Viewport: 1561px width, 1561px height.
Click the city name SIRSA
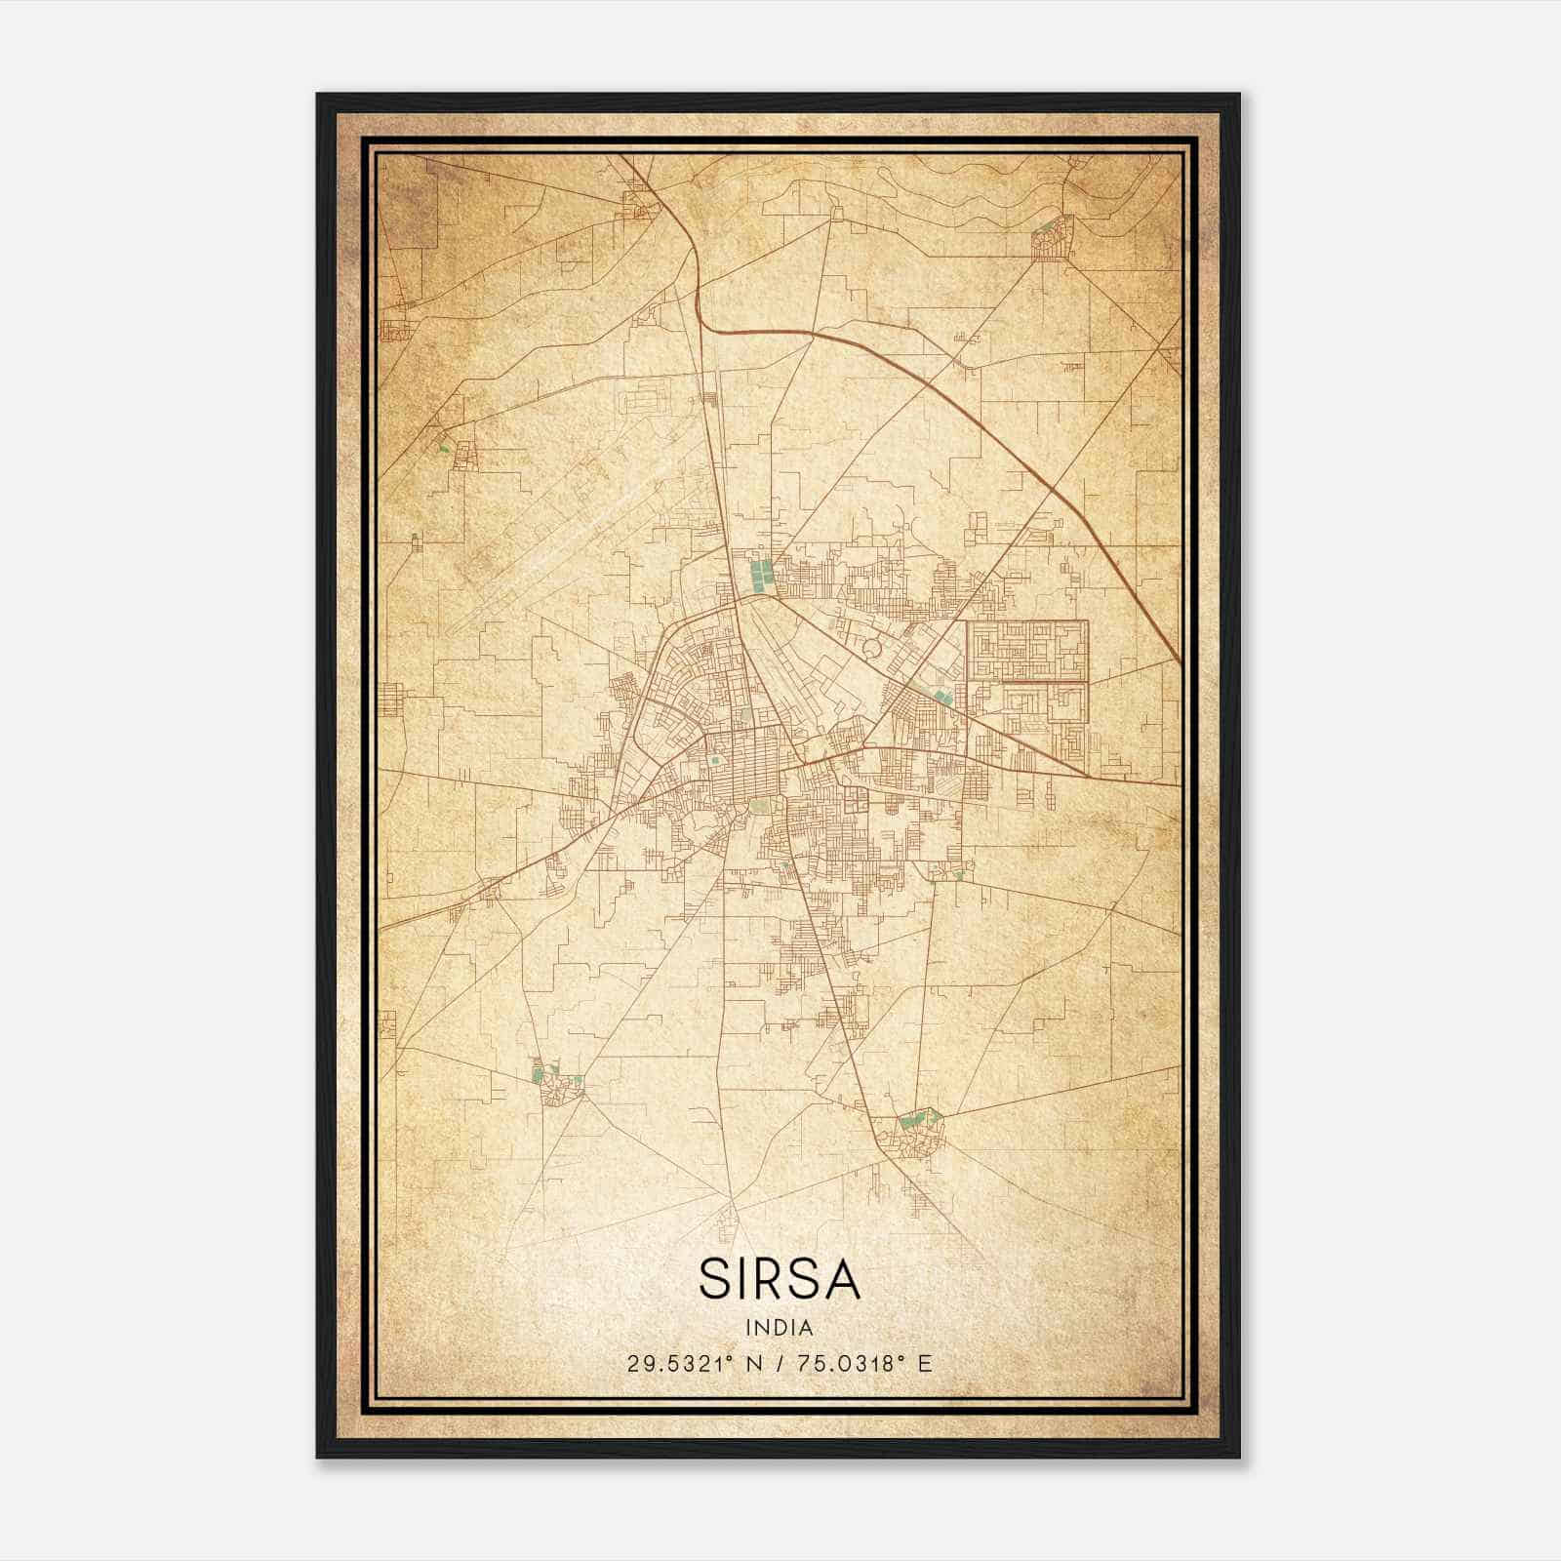(780, 1280)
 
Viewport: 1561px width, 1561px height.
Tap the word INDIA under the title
(780, 1328)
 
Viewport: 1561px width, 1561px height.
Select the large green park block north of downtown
(758, 575)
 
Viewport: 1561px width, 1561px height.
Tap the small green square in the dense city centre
(715, 760)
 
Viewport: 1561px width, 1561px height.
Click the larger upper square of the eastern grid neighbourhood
(1026, 650)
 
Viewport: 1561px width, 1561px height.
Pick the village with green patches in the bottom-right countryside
(915, 1132)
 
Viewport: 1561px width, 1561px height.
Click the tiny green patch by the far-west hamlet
(444, 448)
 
